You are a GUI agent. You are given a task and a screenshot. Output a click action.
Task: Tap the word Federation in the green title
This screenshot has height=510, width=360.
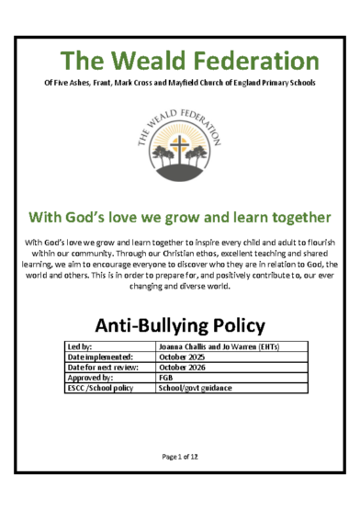click(x=250, y=62)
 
